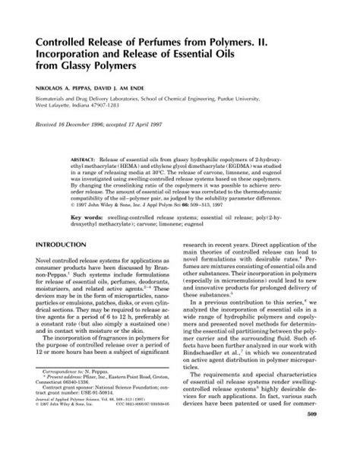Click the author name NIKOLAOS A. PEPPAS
pyautogui.click(x=68, y=88)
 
